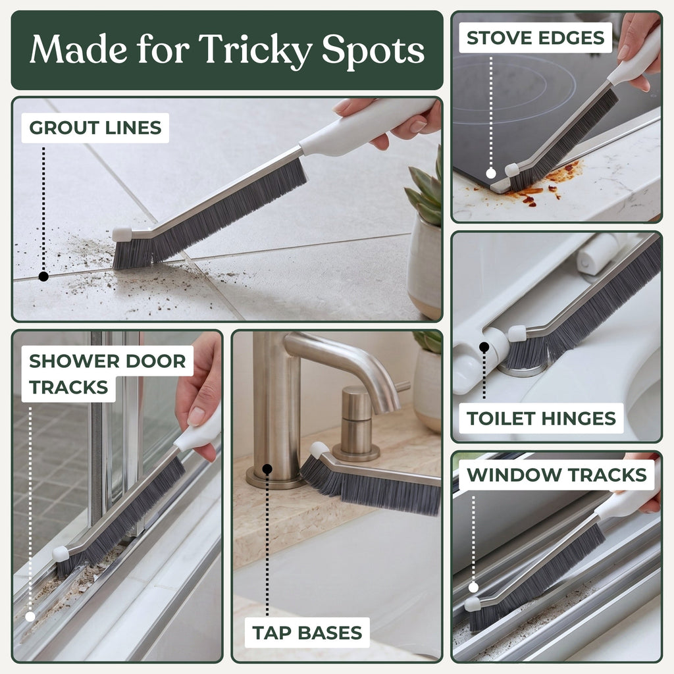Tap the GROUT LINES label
(95, 128)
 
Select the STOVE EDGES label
(535, 38)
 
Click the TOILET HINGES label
(541, 418)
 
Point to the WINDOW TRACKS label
(557, 475)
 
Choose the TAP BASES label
(307, 633)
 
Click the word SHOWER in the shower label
(74, 361)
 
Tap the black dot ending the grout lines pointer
(43, 276)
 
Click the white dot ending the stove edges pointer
(491, 174)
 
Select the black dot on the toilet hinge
(484, 346)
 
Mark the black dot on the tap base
(267, 469)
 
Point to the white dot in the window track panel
(473, 588)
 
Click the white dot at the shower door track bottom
(30, 617)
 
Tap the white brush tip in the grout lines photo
(122, 234)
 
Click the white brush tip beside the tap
(319, 450)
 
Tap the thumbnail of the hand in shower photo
(196, 416)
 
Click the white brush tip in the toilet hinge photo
(517, 334)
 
